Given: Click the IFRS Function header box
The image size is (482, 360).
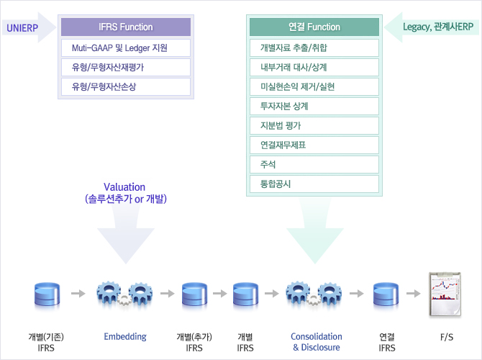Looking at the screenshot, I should pos(126,27).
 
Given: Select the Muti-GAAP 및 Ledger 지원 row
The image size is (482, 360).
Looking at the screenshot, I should pos(126,48).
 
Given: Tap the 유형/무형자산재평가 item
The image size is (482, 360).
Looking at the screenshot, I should pos(126,68).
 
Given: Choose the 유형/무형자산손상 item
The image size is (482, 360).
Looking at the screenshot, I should pos(126,87).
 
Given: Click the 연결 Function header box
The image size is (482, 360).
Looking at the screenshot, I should pos(314,27).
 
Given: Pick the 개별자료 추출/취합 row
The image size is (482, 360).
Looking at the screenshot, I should pos(314,48).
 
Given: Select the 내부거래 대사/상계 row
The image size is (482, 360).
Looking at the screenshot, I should pos(314,68).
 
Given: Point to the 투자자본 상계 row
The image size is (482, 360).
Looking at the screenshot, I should pos(314,107).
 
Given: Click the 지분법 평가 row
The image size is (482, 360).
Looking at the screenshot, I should pos(314,126).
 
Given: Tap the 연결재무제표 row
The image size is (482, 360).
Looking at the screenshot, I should pos(314,145).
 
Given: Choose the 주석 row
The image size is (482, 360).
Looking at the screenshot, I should pos(314,165).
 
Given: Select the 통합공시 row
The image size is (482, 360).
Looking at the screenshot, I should pos(314,184).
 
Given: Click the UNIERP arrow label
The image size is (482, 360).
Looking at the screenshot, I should pos(23,28).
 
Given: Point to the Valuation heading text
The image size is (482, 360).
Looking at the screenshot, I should pos(124,187).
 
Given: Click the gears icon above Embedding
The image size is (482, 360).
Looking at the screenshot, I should pos(124,293).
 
